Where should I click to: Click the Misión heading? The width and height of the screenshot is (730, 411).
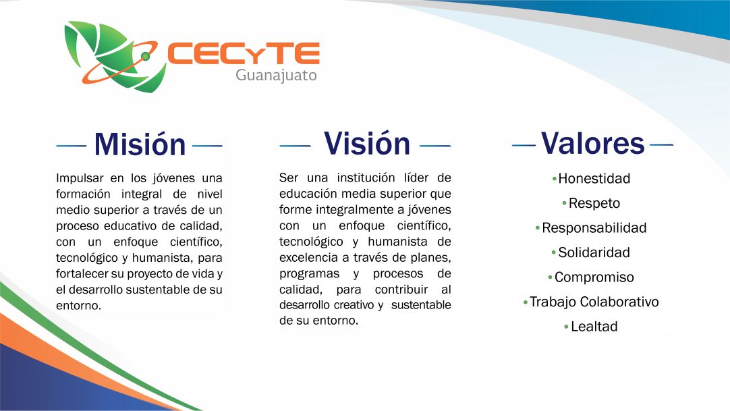point(140,144)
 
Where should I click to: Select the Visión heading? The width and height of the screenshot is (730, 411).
point(367,143)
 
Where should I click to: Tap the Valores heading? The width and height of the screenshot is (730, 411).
point(592,143)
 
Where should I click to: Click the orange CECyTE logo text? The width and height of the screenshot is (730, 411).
point(243,53)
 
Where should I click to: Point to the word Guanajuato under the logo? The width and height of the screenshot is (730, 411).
point(276,75)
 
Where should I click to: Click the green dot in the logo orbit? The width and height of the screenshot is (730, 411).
point(145,56)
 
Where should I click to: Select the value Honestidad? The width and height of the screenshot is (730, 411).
point(594,178)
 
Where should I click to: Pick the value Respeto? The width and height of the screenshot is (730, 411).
point(594,203)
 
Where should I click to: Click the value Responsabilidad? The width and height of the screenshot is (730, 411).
point(594,227)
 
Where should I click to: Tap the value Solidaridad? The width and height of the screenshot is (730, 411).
point(594,252)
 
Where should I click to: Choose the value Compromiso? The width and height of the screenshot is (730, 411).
point(594,277)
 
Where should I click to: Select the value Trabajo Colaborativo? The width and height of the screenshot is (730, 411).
point(594,302)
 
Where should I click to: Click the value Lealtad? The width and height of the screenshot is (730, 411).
point(594,326)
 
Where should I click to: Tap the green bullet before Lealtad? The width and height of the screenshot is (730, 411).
point(566,327)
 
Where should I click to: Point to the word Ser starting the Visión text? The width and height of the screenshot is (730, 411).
point(288,177)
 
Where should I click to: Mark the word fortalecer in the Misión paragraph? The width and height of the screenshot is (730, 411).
point(82,273)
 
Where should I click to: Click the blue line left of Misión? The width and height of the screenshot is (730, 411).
point(72,146)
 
